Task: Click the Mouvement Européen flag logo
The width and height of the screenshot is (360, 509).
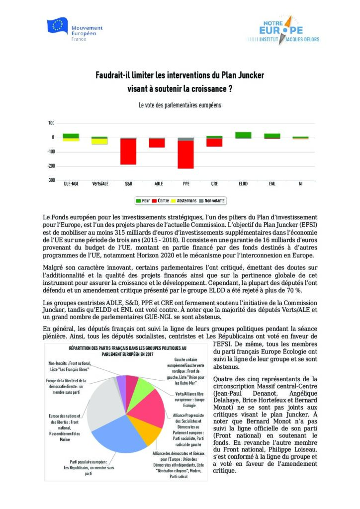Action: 58,26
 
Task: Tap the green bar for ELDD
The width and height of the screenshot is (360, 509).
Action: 243,135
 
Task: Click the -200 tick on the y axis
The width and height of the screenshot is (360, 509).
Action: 51,166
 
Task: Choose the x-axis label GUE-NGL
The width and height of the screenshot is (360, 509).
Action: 72,184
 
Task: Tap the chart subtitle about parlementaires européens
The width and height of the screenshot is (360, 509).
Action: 180,105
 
